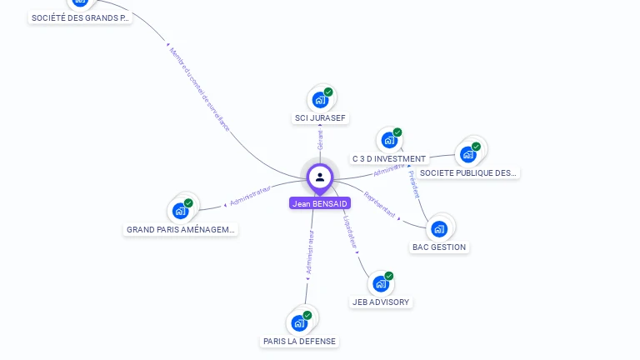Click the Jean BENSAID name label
coord(320,202)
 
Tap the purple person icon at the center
coord(320,177)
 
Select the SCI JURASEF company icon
coord(320,100)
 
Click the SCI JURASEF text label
coord(320,118)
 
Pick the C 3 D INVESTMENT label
coord(388,158)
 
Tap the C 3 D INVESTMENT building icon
coord(388,140)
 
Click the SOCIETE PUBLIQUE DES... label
coord(468,173)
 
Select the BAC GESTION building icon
coord(439,228)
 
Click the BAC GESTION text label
coord(439,247)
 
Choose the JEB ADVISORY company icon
coord(381,283)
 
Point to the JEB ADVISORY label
coord(381,302)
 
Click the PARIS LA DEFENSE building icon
coord(300,322)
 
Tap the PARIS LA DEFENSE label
coord(300,341)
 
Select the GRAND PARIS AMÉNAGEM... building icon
coord(181,211)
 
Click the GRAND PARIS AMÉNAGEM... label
coord(181,229)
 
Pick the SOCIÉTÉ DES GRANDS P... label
coord(80,17)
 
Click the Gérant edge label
coord(320,140)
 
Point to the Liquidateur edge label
coord(350,233)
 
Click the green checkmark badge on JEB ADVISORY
coord(389,276)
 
